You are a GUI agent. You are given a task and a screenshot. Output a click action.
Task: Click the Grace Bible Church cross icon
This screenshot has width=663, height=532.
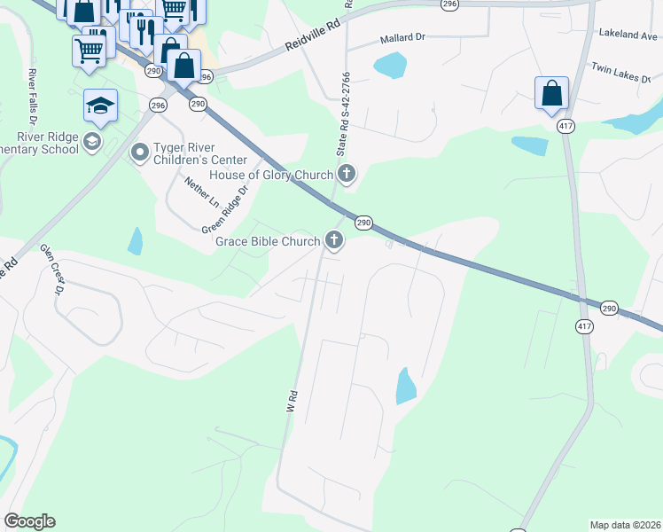(x=334, y=239)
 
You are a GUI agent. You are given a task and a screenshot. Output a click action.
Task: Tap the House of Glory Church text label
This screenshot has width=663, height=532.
(x=270, y=175)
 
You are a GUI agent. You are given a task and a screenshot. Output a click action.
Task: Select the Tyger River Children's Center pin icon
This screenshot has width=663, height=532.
(x=139, y=153)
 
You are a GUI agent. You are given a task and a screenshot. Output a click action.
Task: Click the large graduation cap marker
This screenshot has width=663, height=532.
(x=100, y=106)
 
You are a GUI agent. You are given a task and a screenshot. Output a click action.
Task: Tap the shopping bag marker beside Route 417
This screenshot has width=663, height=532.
(x=551, y=93)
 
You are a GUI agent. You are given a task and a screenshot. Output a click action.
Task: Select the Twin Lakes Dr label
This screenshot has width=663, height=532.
(x=625, y=69)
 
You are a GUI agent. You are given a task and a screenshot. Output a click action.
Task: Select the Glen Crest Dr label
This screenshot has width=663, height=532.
(x=52, y=270)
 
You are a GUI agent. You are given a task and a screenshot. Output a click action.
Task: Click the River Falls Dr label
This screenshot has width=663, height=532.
(x=33, y=95)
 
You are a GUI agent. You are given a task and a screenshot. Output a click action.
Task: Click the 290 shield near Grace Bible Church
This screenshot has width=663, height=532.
(x=363, y=223)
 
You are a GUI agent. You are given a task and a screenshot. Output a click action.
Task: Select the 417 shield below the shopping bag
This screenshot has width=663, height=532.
(x=565, y=127)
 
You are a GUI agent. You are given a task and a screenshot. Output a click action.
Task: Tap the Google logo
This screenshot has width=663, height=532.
(x=29, y=521)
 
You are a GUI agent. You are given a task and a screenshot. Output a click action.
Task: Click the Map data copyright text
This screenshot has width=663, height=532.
(x=624, y=525)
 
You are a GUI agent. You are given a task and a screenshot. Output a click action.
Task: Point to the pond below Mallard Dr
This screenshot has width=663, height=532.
(x=390, y=65)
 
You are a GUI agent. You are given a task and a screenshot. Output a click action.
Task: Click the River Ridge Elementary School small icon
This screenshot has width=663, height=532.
(x=91, y=142)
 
